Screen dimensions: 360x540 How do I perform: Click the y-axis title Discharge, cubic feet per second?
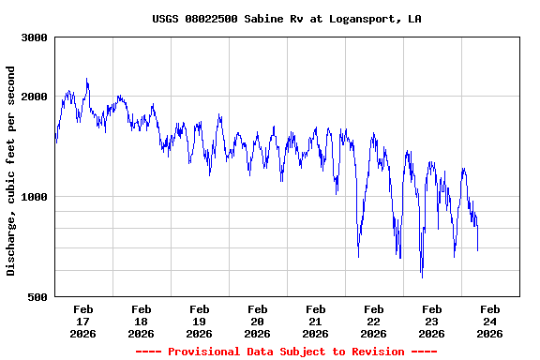point(11,171)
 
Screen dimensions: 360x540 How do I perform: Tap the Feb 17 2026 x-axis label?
point(82,321)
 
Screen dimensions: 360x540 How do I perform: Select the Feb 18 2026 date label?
point(141,321)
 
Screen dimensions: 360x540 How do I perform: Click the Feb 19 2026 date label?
point(199,321)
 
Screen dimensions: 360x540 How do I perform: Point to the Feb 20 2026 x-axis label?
point(257,321)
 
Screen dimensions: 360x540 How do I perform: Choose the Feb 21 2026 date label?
point(315,321)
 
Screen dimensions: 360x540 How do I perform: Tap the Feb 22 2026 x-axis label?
point(373,321)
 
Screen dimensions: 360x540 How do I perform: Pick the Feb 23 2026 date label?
point(431,321)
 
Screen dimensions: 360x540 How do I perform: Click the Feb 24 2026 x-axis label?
point(489,321)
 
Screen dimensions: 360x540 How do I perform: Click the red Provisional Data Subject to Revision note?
point(286,352)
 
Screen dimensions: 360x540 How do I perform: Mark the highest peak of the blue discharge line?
point(87,79)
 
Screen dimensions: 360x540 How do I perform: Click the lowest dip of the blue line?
point(422,277)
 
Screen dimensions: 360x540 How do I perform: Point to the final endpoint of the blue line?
point(477,250)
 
